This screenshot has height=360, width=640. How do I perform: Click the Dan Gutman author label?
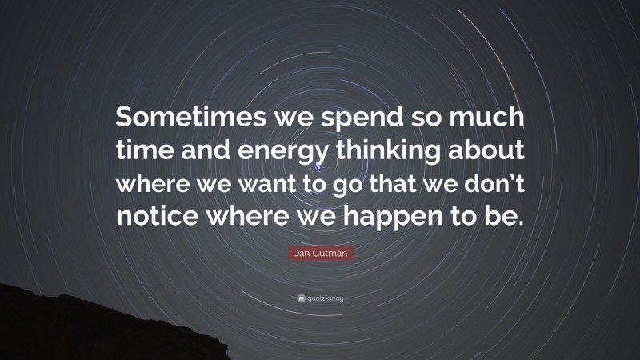click(320, 257)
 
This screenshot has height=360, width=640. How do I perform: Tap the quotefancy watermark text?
click(326, 298)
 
